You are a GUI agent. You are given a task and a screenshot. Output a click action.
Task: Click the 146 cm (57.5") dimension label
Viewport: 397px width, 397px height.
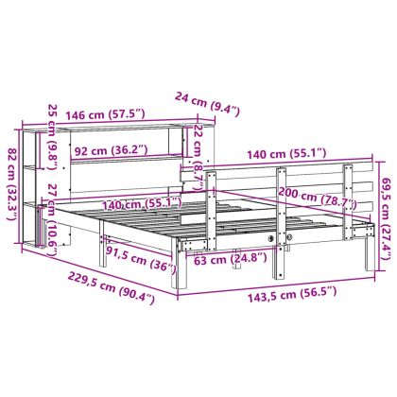point(105,114)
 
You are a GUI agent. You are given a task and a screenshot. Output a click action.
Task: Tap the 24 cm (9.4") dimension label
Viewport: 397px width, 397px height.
point(207,103)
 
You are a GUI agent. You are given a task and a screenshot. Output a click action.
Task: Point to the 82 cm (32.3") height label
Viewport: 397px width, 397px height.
point(12,184)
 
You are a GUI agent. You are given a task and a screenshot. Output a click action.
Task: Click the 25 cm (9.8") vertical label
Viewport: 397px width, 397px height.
point(52,137)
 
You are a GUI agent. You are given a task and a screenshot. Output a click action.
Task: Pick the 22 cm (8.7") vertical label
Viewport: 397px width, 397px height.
point(198,157)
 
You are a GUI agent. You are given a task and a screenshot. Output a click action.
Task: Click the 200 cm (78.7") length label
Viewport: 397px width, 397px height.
point(317,198)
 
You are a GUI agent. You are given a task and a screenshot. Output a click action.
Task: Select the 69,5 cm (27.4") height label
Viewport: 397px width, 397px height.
point(387,219)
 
